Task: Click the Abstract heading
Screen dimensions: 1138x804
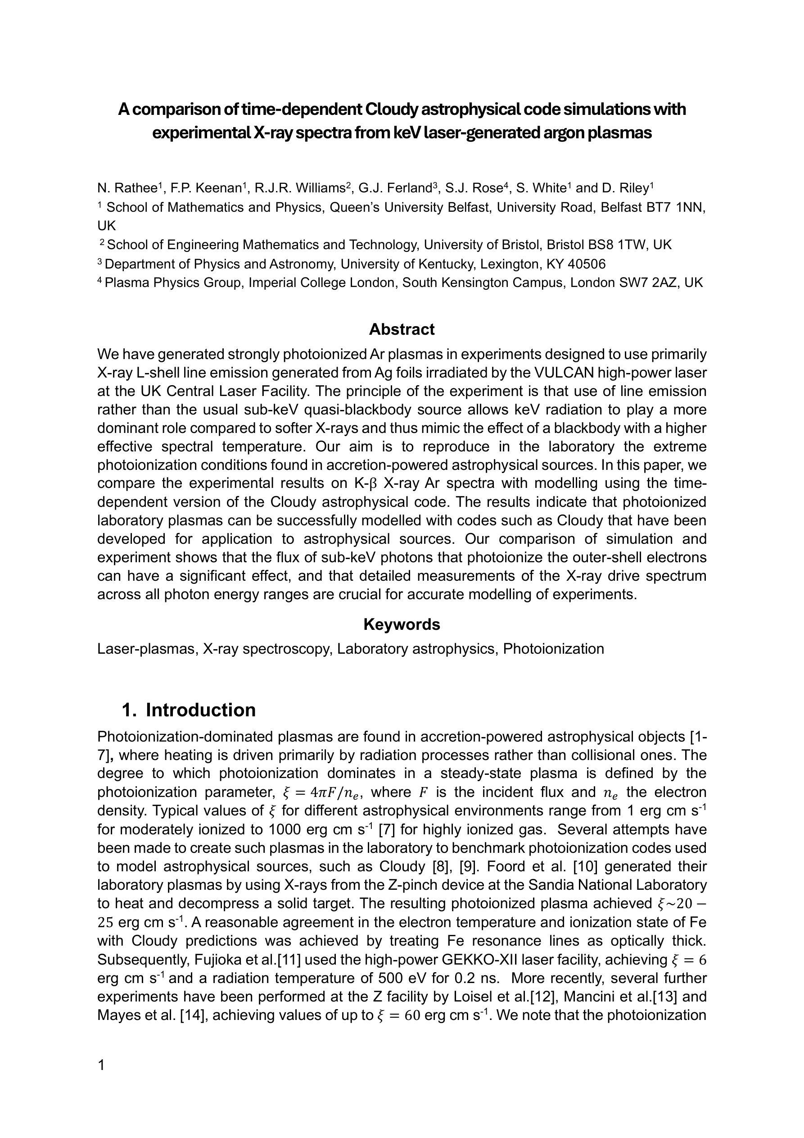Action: coord(402,330)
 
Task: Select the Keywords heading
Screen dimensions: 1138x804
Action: coord(402,624)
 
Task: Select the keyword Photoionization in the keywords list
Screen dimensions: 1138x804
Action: coord(553,649)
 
